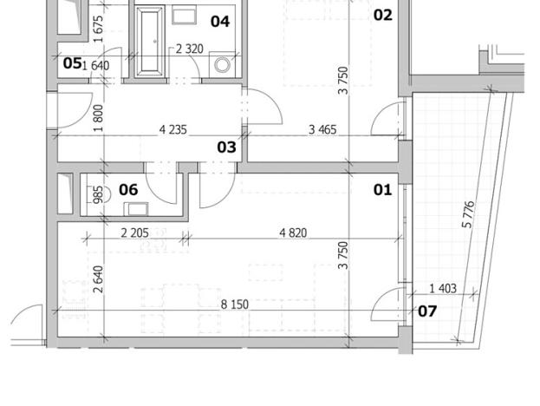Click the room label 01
382,189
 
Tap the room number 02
382,15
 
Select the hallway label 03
226,147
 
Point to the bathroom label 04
220,21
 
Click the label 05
72,63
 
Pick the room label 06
128,189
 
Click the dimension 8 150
235,305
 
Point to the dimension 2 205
135,232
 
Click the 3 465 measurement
324,131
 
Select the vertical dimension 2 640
98,279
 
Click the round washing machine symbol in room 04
223,65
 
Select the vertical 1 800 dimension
98,117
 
